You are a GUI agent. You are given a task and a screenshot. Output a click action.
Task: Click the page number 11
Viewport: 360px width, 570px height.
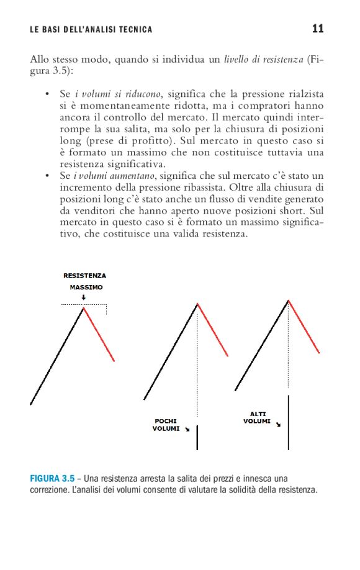(318, 29)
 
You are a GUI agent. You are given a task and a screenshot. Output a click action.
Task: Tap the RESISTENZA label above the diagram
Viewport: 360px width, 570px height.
(84, 276)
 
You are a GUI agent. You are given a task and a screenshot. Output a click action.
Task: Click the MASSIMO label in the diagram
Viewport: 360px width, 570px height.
(86, 287)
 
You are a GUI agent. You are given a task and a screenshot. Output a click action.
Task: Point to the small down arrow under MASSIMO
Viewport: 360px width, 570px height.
(84, 297)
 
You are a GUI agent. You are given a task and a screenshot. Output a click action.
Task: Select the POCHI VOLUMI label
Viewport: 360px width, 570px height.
(166, 425)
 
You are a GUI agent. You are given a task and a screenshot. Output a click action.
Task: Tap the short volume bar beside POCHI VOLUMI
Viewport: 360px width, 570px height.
(197, 437)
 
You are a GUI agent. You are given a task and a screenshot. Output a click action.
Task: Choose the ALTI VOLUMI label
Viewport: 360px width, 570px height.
(256, 417)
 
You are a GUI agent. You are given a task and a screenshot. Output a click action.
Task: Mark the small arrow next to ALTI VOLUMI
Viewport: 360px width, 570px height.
(278, 425)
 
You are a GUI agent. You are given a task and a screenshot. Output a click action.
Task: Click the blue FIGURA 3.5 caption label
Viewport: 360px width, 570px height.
(52, 478)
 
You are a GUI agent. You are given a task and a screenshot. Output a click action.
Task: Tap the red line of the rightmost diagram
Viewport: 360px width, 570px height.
(304, 327)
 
